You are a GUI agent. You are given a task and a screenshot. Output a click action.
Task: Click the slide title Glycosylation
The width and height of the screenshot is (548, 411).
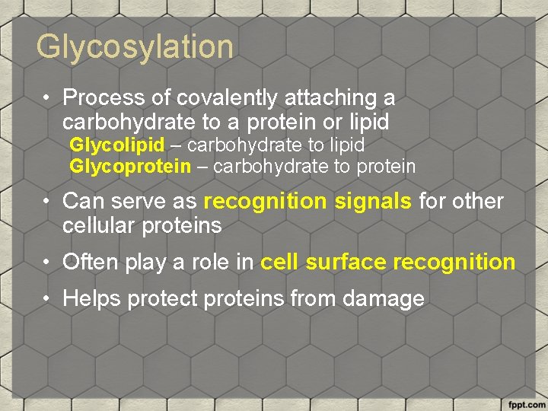(135, 47)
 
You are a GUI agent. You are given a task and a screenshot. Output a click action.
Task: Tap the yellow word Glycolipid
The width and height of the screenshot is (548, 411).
(116, 145)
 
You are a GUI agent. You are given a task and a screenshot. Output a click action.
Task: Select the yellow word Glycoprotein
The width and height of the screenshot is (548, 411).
(130, 166)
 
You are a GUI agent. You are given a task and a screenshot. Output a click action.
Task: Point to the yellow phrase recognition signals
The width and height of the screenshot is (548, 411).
(308, 202)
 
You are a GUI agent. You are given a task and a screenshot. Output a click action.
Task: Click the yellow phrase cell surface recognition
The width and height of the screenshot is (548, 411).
(387, 263)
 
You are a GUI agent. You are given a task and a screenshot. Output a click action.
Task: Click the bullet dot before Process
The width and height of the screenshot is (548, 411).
(47, 98)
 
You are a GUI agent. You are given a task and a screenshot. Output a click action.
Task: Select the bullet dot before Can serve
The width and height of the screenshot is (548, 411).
(47, 202)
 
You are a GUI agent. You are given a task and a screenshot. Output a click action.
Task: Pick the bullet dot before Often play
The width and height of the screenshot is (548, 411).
(47, 263)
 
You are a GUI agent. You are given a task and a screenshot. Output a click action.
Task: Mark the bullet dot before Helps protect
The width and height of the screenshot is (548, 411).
(47, 299)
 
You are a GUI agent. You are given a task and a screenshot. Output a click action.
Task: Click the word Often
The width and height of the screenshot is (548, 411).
(90, 263)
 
